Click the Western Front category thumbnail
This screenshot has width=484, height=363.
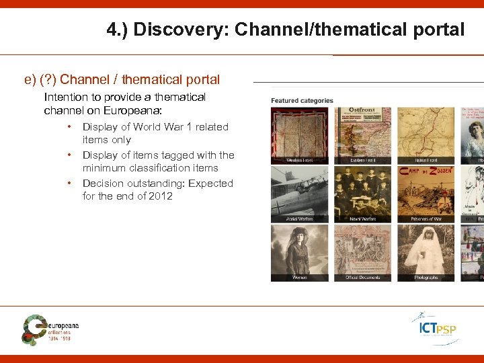(299, 135)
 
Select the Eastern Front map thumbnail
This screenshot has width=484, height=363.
(362, 135)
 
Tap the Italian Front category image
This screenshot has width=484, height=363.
(426, 135)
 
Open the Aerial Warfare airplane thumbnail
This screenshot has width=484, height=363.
(299, 194)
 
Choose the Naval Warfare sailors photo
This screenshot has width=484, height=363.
(362, 194)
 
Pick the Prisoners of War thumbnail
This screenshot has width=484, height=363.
(426, 194)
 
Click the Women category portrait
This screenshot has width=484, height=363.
(299, 253)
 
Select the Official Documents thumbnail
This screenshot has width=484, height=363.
(362, 253)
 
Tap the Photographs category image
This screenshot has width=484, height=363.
(426, 253)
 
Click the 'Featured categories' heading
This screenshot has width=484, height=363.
(302, 101)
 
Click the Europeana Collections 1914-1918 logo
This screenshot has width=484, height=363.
(50, 329)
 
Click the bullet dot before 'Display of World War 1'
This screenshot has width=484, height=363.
(69, 126)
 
